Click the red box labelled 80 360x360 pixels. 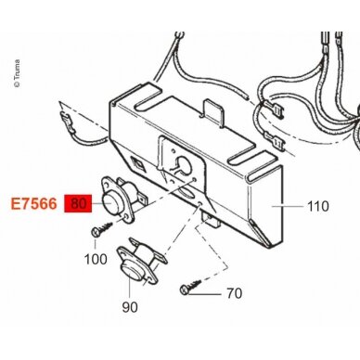coord(78,203)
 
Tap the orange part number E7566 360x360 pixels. coord(34,204)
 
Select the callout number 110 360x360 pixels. coord(318,206)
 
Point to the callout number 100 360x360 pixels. coord(96,259)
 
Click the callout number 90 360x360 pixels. coord(130,307)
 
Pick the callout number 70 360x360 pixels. coord(234,293)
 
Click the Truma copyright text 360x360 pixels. coord(17,73)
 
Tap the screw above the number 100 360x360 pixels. coord(102,229)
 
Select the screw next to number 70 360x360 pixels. coord(189,286)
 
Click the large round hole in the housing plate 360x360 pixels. coord(183,164)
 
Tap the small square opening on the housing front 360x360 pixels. coord(136,162)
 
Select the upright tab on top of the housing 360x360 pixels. coord(212,111)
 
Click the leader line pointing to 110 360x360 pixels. coord(288,206)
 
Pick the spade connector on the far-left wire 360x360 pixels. coord(67,123)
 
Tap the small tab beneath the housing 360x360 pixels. coord(211,220)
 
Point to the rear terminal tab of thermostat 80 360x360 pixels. coord(142,199)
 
